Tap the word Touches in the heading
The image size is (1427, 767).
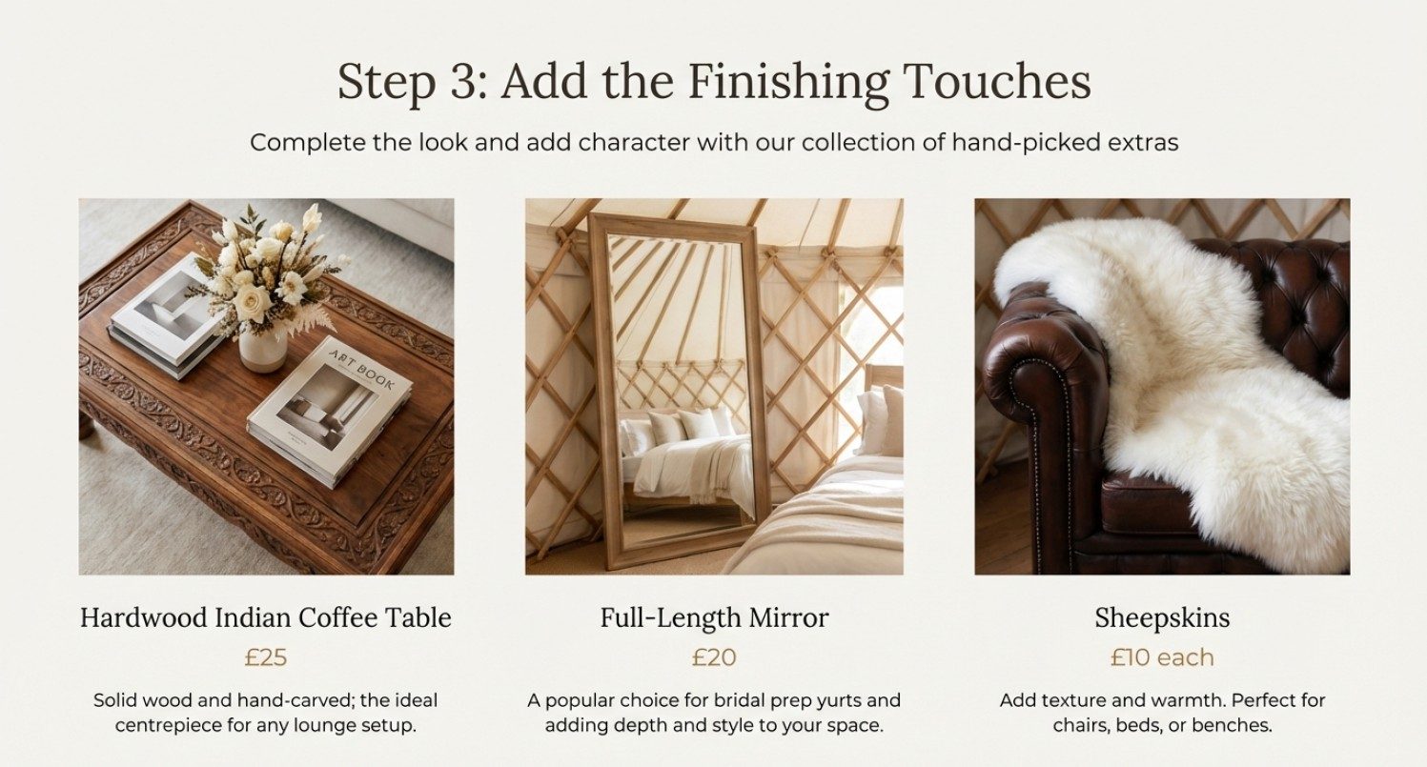coord(996,81)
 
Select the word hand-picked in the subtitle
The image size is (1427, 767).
coord(1026,143)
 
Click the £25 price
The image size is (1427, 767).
coord(266,657)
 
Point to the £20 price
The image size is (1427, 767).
coord(714,657)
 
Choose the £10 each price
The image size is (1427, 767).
coord(1162,657)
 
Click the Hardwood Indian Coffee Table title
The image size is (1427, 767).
coord(266,617)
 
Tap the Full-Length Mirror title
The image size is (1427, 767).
coord(714,617)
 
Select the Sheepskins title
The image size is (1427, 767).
coord(1162,618)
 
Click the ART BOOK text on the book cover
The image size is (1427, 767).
coord(360,369)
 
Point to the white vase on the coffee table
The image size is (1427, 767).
coord(262,350)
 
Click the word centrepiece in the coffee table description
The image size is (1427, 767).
coord(176,726)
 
